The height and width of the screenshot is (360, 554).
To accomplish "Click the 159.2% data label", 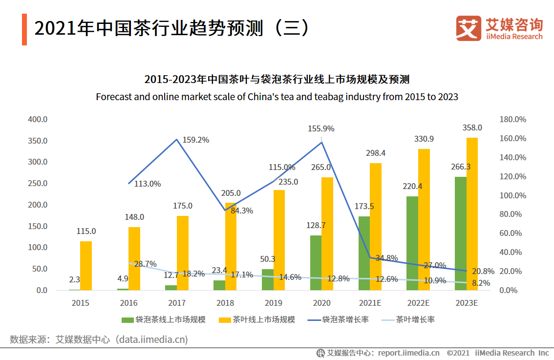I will (195, 140).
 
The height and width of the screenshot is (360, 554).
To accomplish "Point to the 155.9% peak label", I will (321, 128).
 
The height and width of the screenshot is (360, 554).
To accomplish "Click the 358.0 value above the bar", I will (472, 127).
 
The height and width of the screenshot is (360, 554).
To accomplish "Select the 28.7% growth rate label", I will (145, 264).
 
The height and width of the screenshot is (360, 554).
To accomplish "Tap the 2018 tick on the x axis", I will (225, 303).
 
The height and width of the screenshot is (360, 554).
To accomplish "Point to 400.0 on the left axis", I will (38, 119).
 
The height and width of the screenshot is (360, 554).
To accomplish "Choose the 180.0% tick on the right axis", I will (513, 119).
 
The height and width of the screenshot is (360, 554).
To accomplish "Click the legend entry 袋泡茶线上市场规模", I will (164, 320).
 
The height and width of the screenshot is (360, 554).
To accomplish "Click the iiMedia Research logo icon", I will (468, 28).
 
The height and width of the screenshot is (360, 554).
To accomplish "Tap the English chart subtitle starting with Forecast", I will (277, 97).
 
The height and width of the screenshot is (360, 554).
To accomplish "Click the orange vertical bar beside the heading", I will (24, 30).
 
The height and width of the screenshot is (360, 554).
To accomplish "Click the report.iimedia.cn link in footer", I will (408, 353).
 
